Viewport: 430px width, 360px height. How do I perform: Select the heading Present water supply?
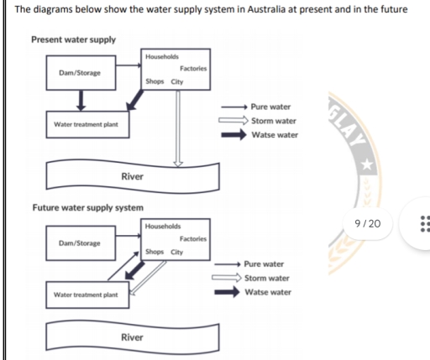73,39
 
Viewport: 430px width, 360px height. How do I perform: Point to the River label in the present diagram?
132,176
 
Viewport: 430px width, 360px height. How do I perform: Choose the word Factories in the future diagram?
193,239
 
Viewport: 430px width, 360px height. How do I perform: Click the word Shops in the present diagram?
155,82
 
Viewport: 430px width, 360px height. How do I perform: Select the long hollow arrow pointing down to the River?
177,126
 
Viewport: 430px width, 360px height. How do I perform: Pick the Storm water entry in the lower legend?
267,278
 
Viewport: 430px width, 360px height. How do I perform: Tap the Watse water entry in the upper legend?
275,135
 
